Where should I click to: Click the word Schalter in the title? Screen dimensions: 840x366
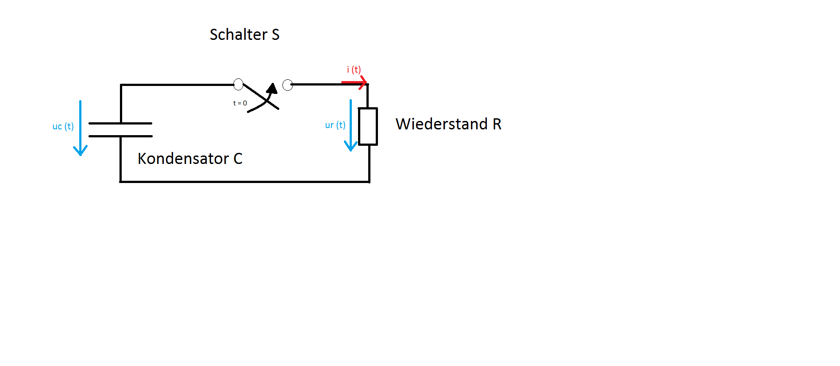click(x=239, y=34)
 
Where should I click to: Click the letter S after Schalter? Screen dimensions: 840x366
click(x=276, y=35)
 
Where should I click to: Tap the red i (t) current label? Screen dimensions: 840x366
click(x=354, y=70)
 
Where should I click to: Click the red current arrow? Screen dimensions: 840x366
click(x=354, y=82)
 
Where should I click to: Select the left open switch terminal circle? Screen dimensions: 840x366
click(x=238, y=84)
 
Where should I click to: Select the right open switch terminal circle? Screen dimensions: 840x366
click(x=288, y=85)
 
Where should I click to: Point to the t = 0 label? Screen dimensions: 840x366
click(x=240, y=103)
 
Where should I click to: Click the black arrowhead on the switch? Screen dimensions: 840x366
click(x=272, y=88)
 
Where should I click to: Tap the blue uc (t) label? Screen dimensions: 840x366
click(x=63, y=126)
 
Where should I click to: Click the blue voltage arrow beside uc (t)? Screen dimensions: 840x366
click(x=80, y=128)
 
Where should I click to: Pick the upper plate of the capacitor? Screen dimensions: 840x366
click(x=120, y=123)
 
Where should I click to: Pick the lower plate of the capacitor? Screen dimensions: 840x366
click(x=120, y=136)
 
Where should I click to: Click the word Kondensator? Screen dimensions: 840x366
click(x=183, y=159)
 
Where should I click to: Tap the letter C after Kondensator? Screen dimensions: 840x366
click(x=238, y=159)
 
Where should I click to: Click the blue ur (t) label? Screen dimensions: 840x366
click(x=335, y=125)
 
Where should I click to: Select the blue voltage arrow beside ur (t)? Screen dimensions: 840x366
click(x=351, y=125)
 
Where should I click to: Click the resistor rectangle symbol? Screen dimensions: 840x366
click(x=368, y=126)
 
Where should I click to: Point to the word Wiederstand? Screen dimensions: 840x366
click(x=442, y=124)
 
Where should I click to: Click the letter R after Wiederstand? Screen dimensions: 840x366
click(x=497, y=124)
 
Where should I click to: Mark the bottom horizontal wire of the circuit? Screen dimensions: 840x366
click(x=245, y=182)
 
